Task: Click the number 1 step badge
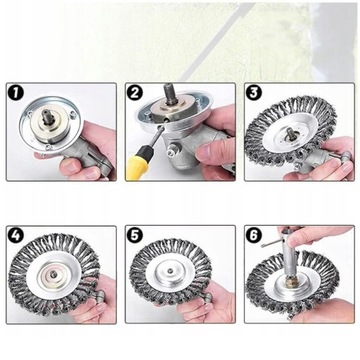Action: click(17, 93)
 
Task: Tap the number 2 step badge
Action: click(135, 93)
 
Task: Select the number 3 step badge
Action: click(254, 93)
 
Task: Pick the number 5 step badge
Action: click(135, 236)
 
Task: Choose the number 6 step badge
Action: click(254, 236)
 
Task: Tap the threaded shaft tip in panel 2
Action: click(169, 92)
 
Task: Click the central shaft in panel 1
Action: click(47, 119)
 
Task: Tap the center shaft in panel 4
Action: click(52, 275)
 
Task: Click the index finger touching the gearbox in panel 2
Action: click(212, 151)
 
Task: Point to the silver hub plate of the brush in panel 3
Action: click(288, 137)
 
